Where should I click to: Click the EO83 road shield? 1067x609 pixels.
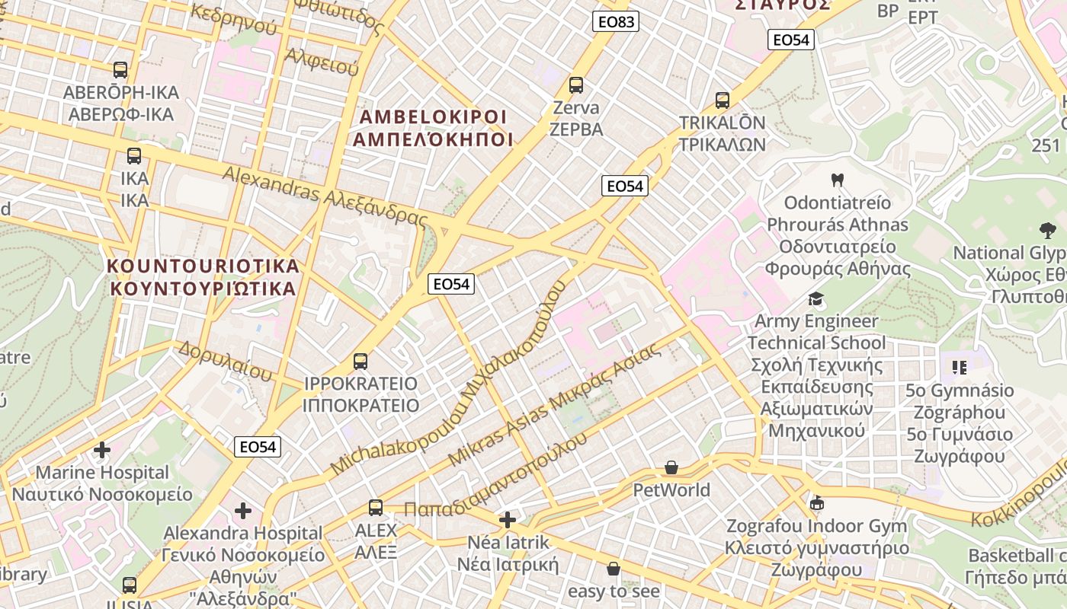[616, 22]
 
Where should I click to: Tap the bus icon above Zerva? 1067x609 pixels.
[576, 85]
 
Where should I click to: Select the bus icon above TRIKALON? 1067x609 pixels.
[722, 100]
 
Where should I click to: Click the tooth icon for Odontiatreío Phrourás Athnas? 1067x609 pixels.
[838, 180]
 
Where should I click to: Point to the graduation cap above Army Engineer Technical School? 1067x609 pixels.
[816, 298]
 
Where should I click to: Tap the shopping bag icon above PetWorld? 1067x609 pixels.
[671, 467]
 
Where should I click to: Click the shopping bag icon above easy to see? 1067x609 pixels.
[614, 569]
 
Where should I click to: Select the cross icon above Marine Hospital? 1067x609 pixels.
[102, 450]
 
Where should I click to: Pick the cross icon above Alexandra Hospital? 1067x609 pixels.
[243, 510]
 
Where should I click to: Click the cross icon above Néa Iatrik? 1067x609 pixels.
[507, 521]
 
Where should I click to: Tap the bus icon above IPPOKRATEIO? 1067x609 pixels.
[360, 361]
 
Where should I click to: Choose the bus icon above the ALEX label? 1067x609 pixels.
[376, 507]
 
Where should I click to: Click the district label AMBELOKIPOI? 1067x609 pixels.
[433, 117]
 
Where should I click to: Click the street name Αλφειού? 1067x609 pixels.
[322, 62]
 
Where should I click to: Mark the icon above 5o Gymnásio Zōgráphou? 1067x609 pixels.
[959, 368]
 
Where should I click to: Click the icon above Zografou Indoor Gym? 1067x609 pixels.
[817, 503]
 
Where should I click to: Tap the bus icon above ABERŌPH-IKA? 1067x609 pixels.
[120, 70]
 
